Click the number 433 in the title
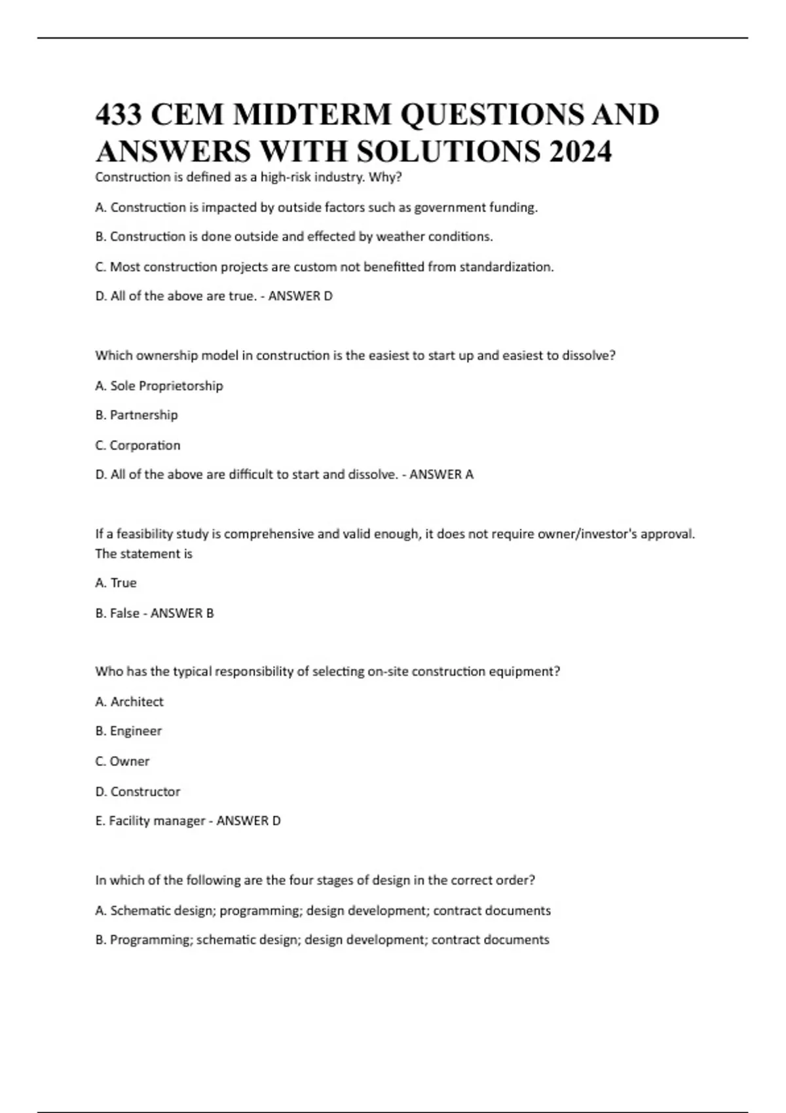click(x=119, y=115)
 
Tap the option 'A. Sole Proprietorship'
click(x=159, y=386)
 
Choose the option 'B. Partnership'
click(x=136, y=415)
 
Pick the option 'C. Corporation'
click(x=138, y=445)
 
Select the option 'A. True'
click(x=116, y=583)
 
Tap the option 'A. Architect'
click(x=129, y=701)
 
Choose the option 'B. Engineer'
click(x=128, y=731)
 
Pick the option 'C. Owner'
click(x=122, y=761)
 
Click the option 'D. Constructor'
click(x=138, y=791)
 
